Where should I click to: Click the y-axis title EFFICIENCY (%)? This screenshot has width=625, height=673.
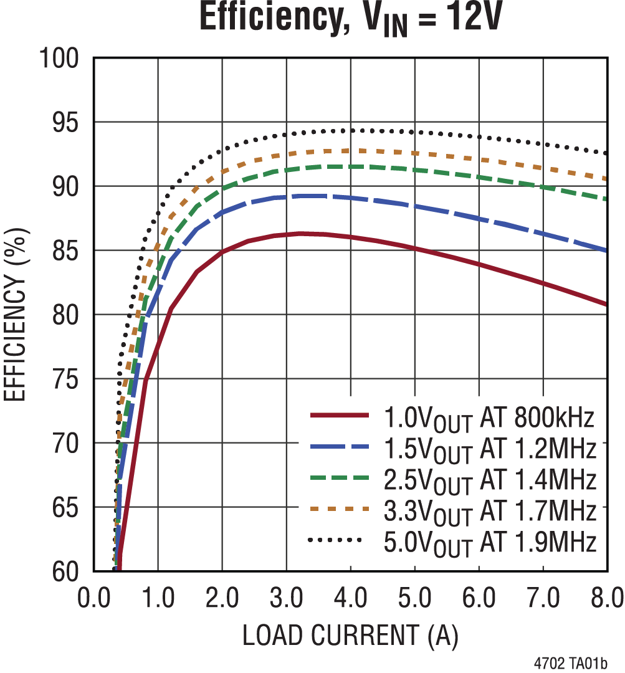point(16,315)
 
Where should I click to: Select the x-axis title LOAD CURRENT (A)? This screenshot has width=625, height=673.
point(350,635)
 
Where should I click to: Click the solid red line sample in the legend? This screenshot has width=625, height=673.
point(340,414)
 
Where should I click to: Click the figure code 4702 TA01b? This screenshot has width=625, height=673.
point(570,662)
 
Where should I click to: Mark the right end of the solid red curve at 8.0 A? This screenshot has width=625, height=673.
point(606,304)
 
